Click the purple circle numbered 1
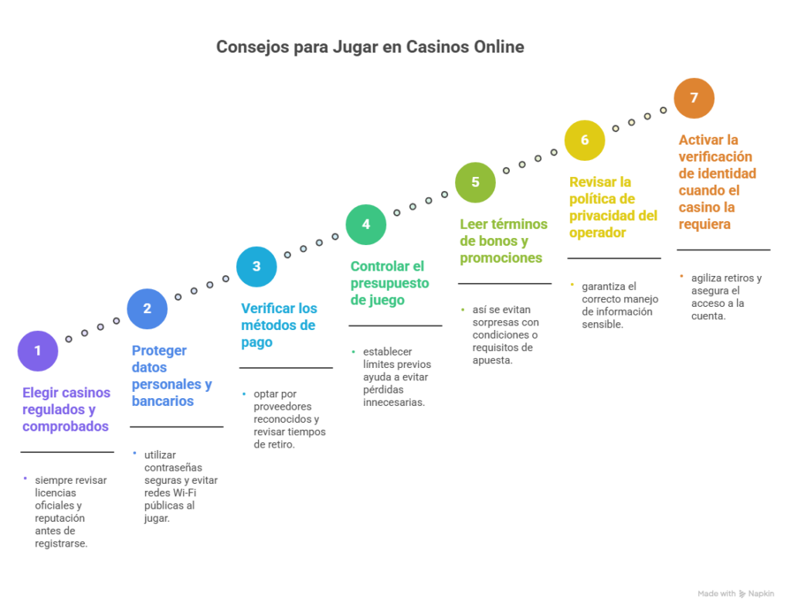(37, 351)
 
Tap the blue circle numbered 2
(147, 308)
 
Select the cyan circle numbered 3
(256, 267)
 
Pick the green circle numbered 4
(365, 224)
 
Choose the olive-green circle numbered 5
(475, 182)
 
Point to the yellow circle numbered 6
(584, 140)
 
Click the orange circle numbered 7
(694, 98)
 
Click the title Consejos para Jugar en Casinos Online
(370, 47)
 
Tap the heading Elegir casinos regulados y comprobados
(66, 409)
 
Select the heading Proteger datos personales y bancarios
(171, 376)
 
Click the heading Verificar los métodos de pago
(278, 325)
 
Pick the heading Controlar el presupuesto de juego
(389, 283)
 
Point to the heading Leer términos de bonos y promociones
(504, 241)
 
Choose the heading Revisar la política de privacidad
(613, 207)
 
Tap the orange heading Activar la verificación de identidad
(717, 182)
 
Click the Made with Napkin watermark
(736, 594)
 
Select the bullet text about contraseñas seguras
(180, 486)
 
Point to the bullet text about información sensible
(618, 305)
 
